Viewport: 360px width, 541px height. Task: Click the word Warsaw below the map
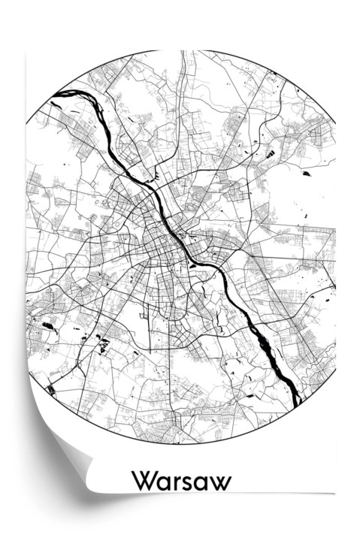180,482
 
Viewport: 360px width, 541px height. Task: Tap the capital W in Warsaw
143,482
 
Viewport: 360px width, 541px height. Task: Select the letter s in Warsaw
188,483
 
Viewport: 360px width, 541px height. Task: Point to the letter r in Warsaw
176,483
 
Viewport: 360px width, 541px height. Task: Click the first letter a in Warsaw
163,483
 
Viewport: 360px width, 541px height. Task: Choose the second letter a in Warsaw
203,483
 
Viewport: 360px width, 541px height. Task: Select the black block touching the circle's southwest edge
51,390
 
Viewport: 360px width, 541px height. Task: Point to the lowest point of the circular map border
180,443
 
